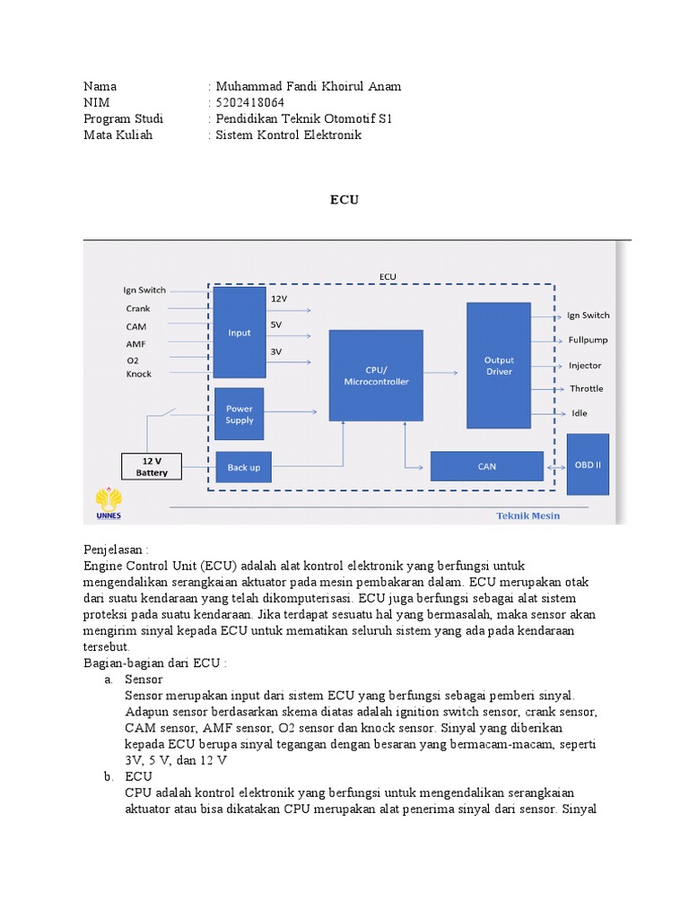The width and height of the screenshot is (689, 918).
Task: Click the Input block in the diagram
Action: point(240,333)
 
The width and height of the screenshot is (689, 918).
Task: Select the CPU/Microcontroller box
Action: point(376,375)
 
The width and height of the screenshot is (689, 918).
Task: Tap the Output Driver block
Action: point(499,366)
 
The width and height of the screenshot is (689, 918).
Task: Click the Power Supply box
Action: point(240,414)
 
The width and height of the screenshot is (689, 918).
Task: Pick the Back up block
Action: point(243,467)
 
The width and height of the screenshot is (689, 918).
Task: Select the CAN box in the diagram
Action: point(487,466)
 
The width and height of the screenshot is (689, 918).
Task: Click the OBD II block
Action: point(588,464)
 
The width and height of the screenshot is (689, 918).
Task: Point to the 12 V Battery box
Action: point(152,466)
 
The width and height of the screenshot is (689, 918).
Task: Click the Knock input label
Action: point(139,374)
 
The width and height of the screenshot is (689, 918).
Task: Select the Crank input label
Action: point(138,308)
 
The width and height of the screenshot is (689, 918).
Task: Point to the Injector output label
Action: point(585,366)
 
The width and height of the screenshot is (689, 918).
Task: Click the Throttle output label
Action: point(587,389)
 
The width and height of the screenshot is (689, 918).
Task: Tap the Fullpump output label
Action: point(589,341)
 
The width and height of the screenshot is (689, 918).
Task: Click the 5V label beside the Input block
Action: point(276,324)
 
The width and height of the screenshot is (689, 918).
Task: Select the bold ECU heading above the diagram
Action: point(344,200)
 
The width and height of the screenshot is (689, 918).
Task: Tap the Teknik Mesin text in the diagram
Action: point(529,515)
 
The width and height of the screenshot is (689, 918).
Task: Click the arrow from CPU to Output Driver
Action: point(443,369)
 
